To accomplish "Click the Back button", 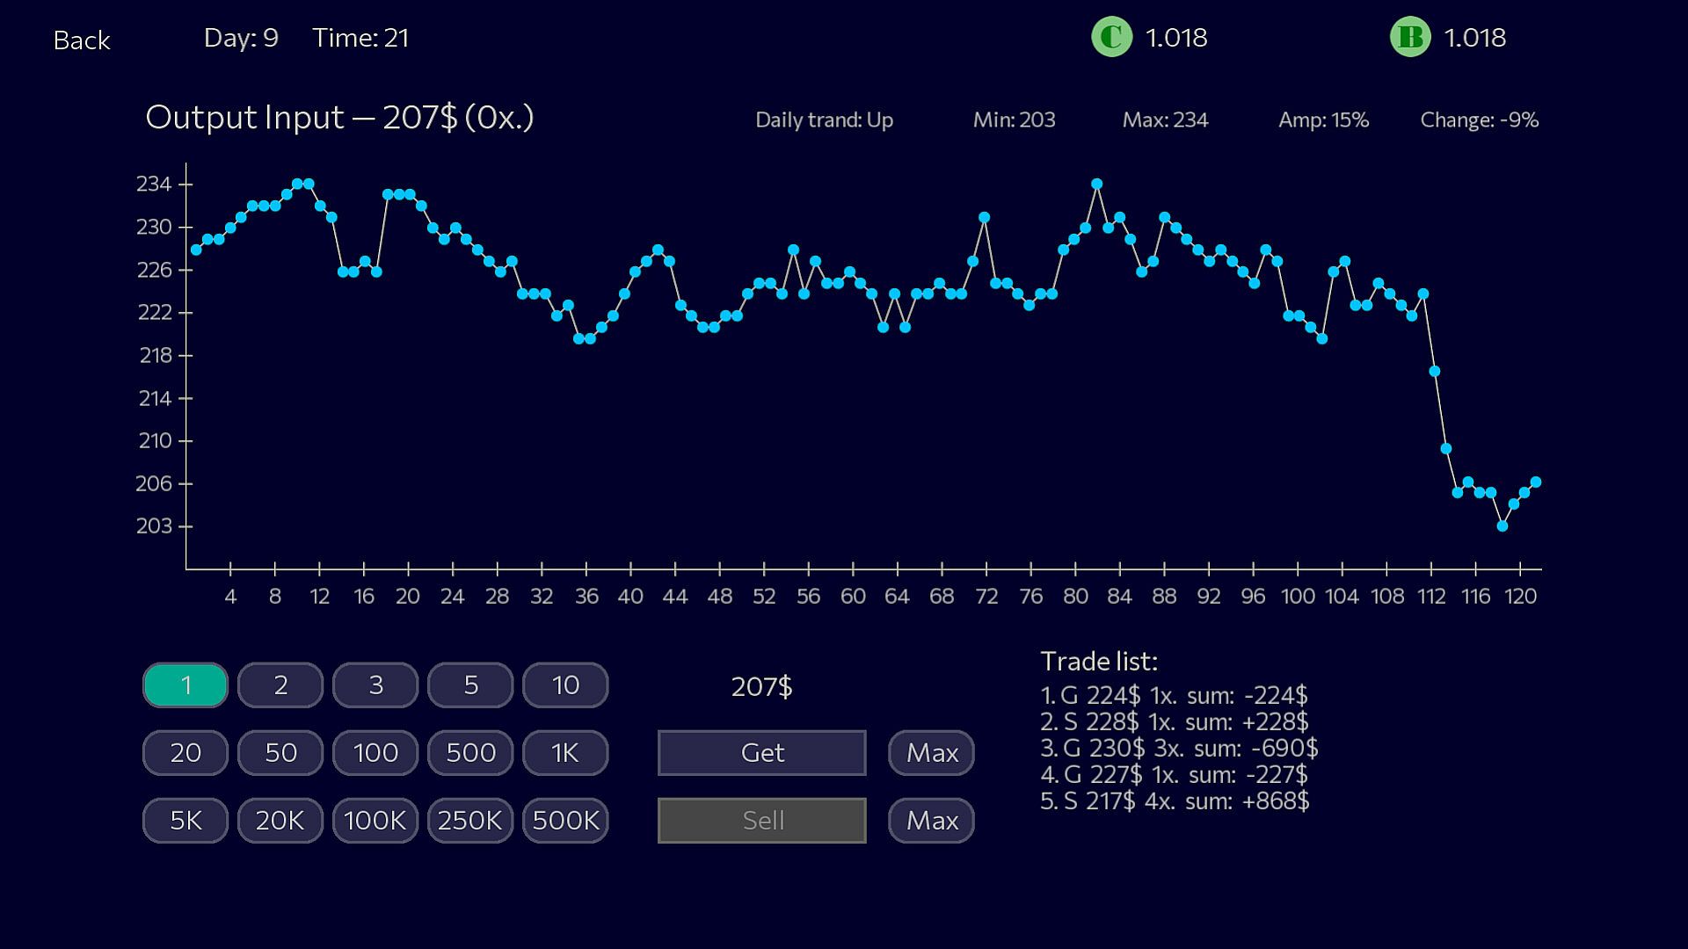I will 82,40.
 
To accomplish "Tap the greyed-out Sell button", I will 761,820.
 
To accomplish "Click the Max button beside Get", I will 931,753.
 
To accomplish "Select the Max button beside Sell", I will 931,821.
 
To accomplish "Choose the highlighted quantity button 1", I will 186,685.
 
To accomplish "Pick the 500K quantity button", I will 565,821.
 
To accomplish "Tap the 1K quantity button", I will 565,753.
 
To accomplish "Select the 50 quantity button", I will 280,753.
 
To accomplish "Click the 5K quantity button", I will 186,821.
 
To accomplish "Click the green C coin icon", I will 1111,38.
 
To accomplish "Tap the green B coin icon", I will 1410,38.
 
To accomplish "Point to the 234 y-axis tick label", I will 154,185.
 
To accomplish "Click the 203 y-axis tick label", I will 154,526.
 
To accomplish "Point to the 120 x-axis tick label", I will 1520,597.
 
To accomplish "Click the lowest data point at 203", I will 1502,526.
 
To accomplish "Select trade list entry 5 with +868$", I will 1175,801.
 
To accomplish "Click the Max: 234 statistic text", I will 1165,120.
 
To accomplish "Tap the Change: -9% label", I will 1479,120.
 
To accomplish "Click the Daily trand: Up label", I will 824,120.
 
